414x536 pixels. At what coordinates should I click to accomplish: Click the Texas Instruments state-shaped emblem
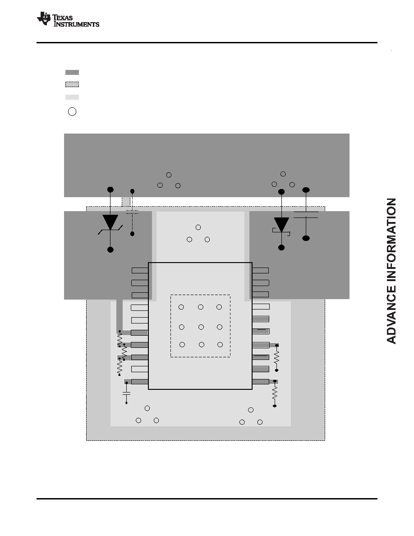[x=44, y=18]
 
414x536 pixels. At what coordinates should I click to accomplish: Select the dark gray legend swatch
[x=72, y=73]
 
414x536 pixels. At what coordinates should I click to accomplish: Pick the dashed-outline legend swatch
[x=72, y=84]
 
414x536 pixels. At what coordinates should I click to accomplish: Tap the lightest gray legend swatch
[x=72, y=97]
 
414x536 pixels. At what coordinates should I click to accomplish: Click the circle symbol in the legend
[x=72, y=112]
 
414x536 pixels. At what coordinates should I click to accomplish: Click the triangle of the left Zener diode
[x=110, y=222]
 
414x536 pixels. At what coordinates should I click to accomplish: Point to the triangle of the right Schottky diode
[x=281, y=225]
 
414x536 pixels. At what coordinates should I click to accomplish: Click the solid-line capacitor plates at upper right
[x=306, y=215]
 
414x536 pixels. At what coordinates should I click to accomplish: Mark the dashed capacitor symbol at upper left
[x=132, y=212]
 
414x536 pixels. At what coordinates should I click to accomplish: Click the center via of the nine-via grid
[x=201, y=327]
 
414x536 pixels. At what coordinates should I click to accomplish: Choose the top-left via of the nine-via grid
[x=181, y=307]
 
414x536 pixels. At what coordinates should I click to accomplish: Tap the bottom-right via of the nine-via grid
[x=220, y=345]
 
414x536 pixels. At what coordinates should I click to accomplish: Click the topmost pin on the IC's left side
[x=140, y=270]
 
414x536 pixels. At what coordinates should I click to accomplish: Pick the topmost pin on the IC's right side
[x=260, y=270]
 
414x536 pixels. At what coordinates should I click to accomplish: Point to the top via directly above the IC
[x=198, y=227]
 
